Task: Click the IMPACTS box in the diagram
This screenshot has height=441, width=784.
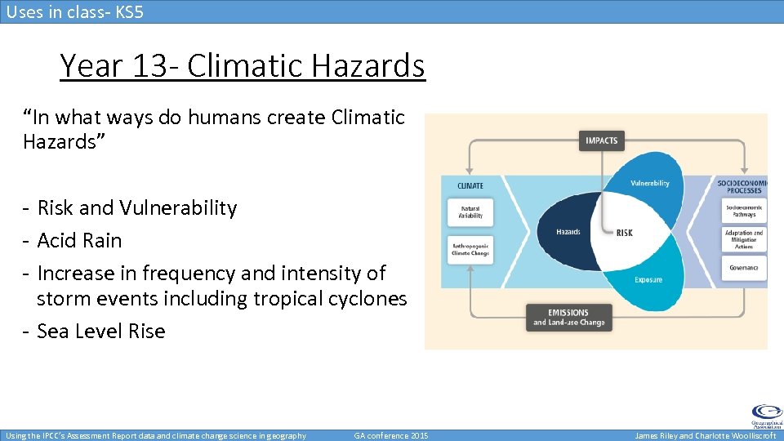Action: coord(602,140)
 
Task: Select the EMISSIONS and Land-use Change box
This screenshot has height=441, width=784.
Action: coord(569,317)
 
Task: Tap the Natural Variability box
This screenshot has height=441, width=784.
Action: coord(470,212)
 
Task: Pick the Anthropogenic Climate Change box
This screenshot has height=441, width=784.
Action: coord(470,249)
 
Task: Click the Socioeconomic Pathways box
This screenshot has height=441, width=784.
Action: coord(743,211)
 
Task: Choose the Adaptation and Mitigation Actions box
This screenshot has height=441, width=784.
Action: coord(743,239)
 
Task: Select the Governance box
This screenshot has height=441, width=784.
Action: coord(743,267)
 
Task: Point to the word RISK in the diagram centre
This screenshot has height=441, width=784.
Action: coord(624,233)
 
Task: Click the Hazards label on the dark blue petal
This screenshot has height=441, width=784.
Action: coord(568,232)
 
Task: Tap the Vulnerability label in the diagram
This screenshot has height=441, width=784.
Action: coord(649,183)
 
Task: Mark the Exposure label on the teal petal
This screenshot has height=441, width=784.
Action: coord(648,280)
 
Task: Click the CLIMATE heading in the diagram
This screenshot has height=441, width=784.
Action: coord(470,185)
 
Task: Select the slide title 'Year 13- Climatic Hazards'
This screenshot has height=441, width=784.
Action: coord(243,65)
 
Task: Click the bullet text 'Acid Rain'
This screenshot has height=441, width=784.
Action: coord(79,240)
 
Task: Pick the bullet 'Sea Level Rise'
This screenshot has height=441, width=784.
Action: coord(101,331)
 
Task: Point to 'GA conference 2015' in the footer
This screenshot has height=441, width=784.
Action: coord(391,435)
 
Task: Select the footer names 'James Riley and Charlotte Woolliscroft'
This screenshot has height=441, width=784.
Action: coord(706,435)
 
